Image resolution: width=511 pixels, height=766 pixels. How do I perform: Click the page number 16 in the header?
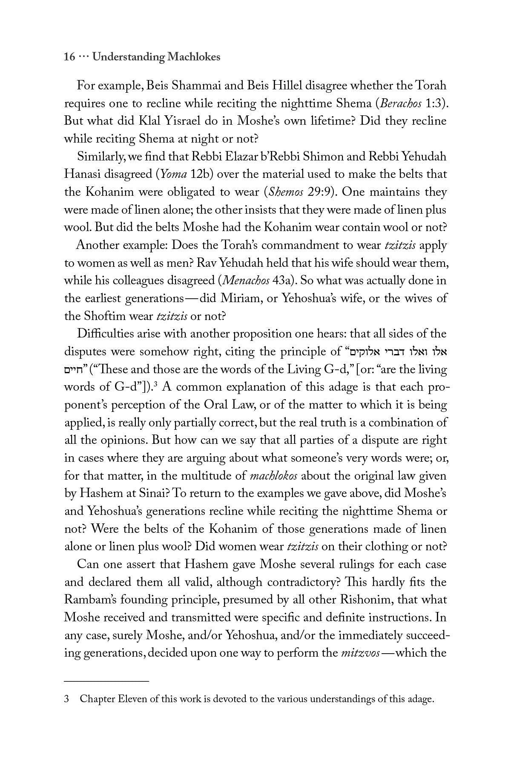69,57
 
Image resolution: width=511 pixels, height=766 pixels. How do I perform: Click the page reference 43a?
283,281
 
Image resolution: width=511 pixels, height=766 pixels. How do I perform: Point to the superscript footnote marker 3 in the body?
156,385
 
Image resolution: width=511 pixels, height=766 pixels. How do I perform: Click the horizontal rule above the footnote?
106,681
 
